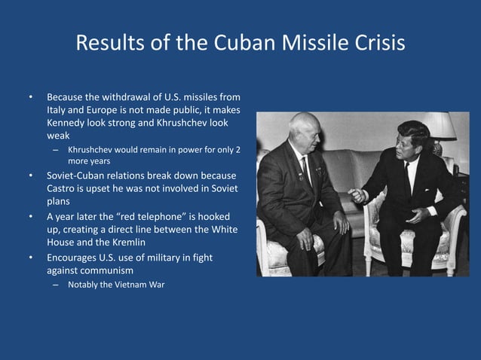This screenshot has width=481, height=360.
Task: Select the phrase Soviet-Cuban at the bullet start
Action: point(78,176)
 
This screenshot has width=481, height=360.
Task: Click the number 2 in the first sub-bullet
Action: point(237,149)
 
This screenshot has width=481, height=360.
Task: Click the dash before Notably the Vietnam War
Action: point(55,285)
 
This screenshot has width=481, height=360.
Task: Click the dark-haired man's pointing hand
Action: point(356,194)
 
